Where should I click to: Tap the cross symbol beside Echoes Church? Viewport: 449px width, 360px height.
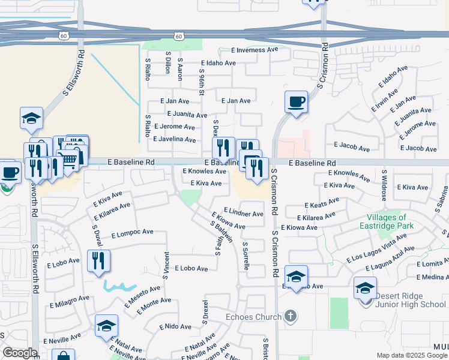(291, 316)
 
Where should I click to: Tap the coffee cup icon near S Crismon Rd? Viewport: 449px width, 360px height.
(295, 101)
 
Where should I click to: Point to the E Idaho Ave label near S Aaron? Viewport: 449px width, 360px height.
(219, 62)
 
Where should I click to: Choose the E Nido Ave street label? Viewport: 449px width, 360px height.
(175, 327)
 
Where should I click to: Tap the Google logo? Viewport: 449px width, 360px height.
(20, 353)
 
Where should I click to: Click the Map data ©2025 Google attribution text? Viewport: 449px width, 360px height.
(411, 355)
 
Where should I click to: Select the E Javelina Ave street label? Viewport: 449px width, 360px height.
(175, 139)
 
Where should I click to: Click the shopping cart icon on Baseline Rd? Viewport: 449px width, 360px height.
(68, 159)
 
